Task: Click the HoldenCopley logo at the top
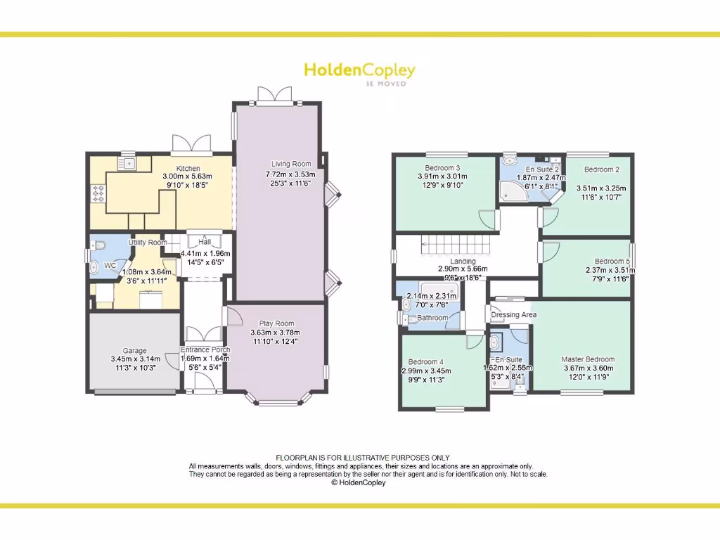point(359,71)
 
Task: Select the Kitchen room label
point(188,169)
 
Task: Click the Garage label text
point(135,351)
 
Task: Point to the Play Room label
point(275,323)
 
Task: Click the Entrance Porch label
point(205,349)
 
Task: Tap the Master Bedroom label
point(588,359)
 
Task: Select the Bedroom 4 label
point(425,362)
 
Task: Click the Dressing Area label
point(514,314)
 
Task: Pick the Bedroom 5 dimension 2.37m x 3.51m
point(608,270)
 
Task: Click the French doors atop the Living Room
point(274,95)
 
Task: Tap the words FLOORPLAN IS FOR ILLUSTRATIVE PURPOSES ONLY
point(362,458)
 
